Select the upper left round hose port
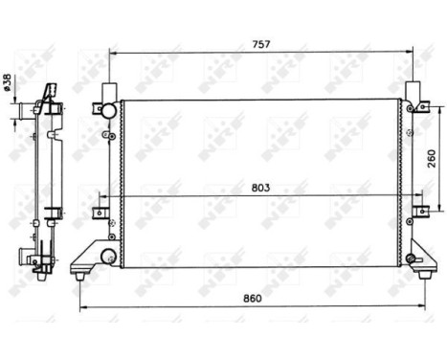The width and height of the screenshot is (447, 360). click(108, 110)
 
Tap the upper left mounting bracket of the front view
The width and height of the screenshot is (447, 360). click(100, 107)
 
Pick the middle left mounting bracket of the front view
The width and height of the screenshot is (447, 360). click(101, 214)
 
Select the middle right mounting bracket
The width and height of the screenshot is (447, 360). click(417, 214)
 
